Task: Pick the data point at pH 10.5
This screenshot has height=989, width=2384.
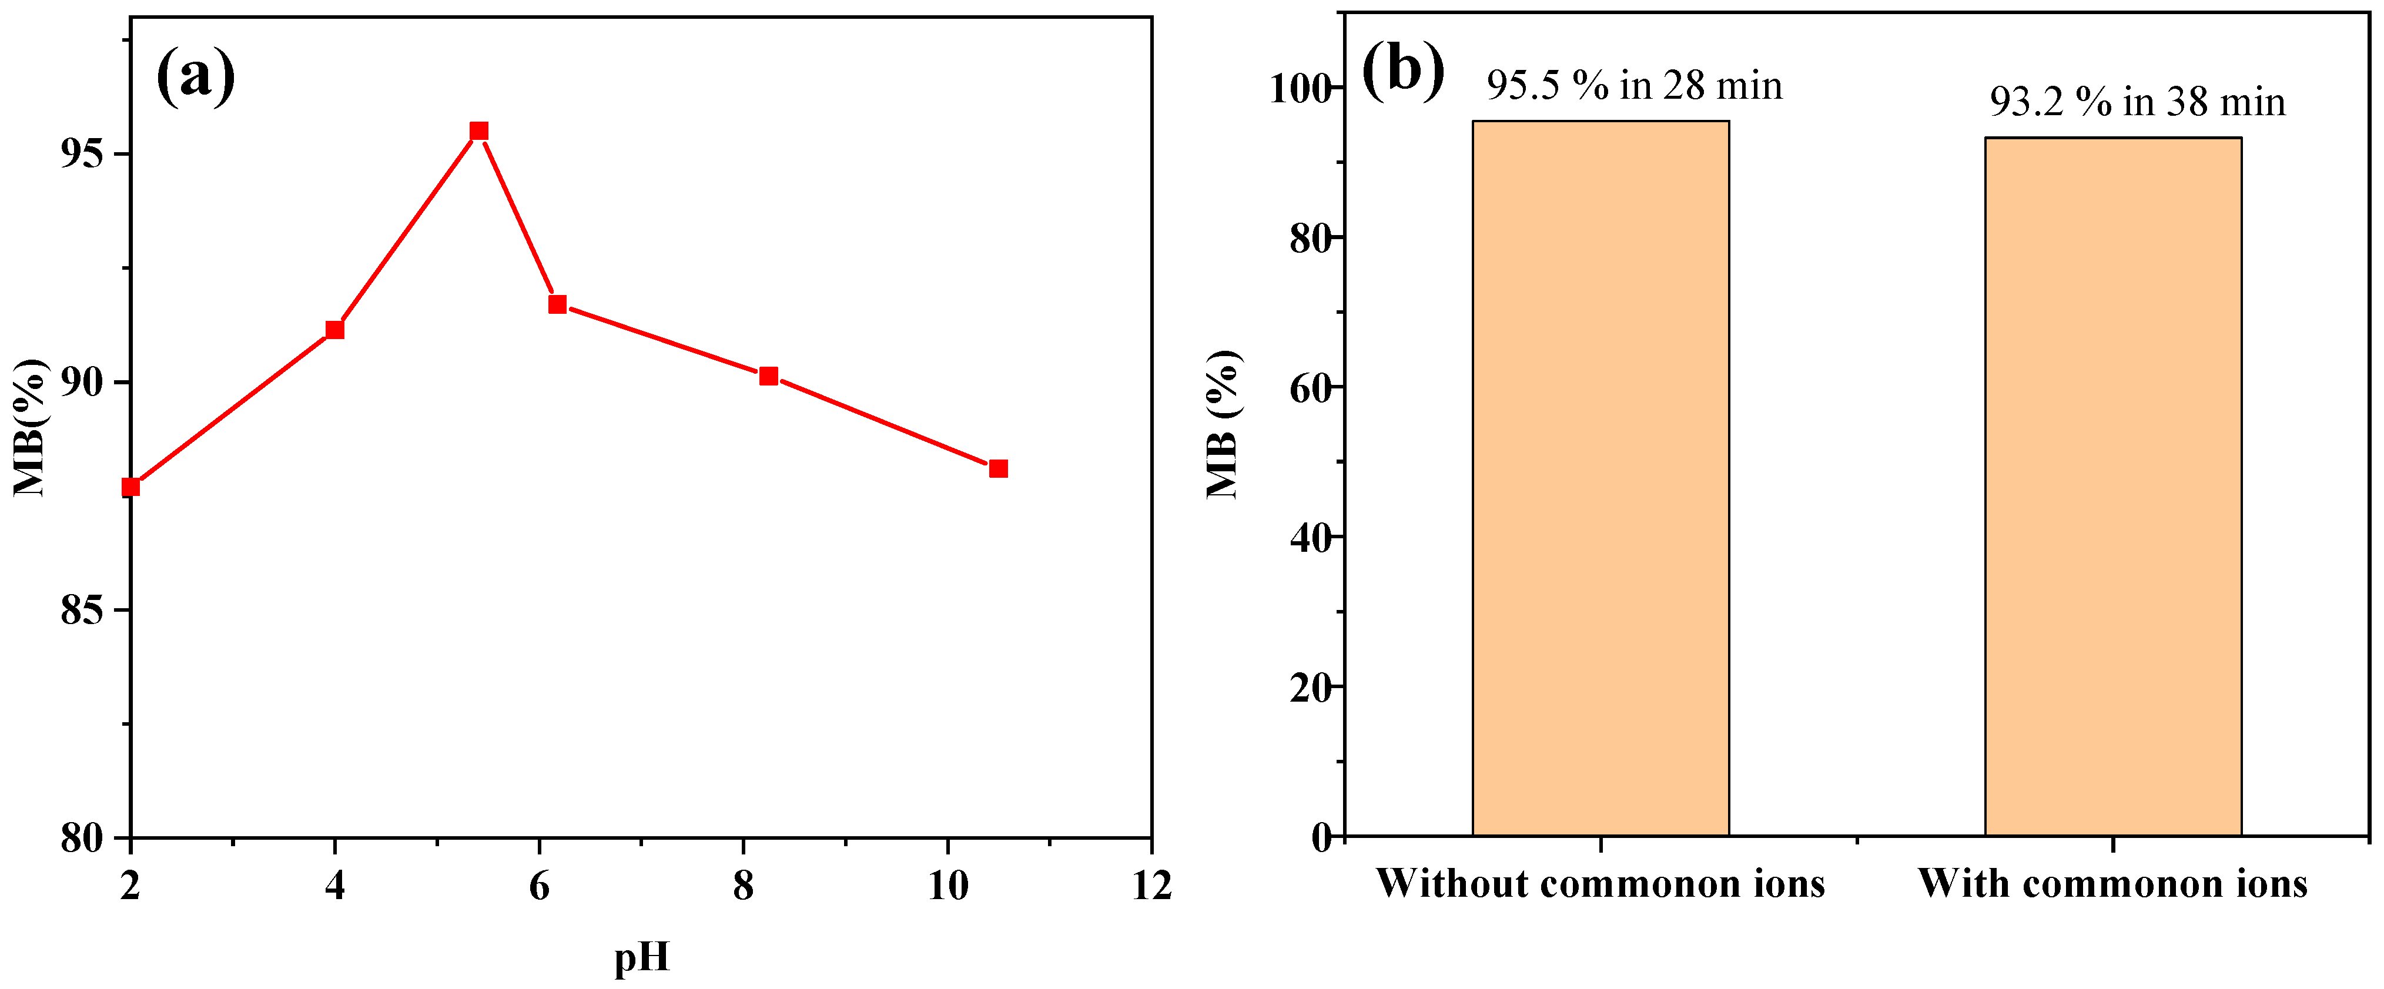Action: [997, 469]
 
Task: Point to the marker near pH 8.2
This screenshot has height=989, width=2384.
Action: [768, 376]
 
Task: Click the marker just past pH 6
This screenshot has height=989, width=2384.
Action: [557, 304]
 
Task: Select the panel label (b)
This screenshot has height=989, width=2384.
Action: [1403, 71]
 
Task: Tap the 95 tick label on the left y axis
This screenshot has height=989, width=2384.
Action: [82, 153]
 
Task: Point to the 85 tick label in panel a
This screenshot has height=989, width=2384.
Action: [82, 611]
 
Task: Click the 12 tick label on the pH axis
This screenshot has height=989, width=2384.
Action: [1151, 886]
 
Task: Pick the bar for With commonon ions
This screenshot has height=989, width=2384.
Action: [2113, 487]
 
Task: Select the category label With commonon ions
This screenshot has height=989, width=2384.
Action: [2112, 884]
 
